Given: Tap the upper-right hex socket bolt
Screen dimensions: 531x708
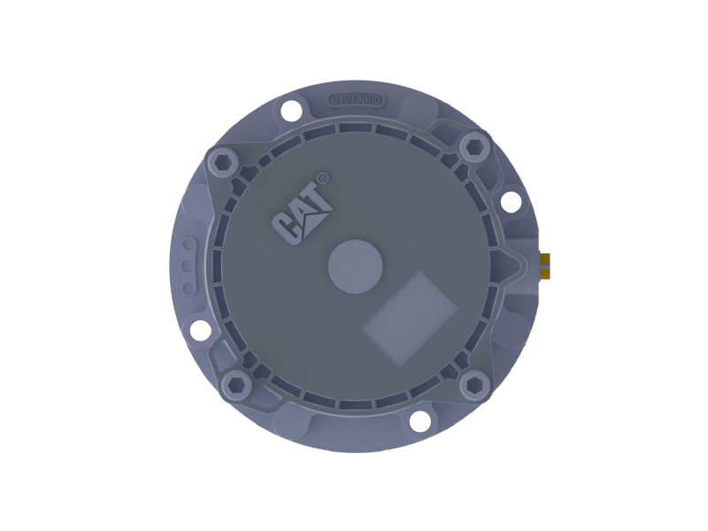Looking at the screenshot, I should pyautogui.click(x=474, y=145).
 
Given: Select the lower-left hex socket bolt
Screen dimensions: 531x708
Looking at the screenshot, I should pyautogui.click(x=236, y=383).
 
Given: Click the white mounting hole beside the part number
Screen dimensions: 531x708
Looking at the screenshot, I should pyautogui.click(x=289, y=112).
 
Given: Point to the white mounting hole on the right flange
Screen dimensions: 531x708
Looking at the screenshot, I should pyautogui.click(x=511, y=201).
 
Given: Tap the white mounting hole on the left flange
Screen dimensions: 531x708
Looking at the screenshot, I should pyautogui.click(x=201, y=330).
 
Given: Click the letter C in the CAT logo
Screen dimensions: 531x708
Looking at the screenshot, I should pyautogui.click(x=287, y=227).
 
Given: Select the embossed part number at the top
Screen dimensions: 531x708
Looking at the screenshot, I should pyautogui.click(x=356, y=99).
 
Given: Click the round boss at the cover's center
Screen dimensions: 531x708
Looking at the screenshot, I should pyautogui.click(x=355, y=264).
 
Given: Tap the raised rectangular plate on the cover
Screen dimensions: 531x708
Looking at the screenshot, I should pyautogui.click(x=410, y=316).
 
